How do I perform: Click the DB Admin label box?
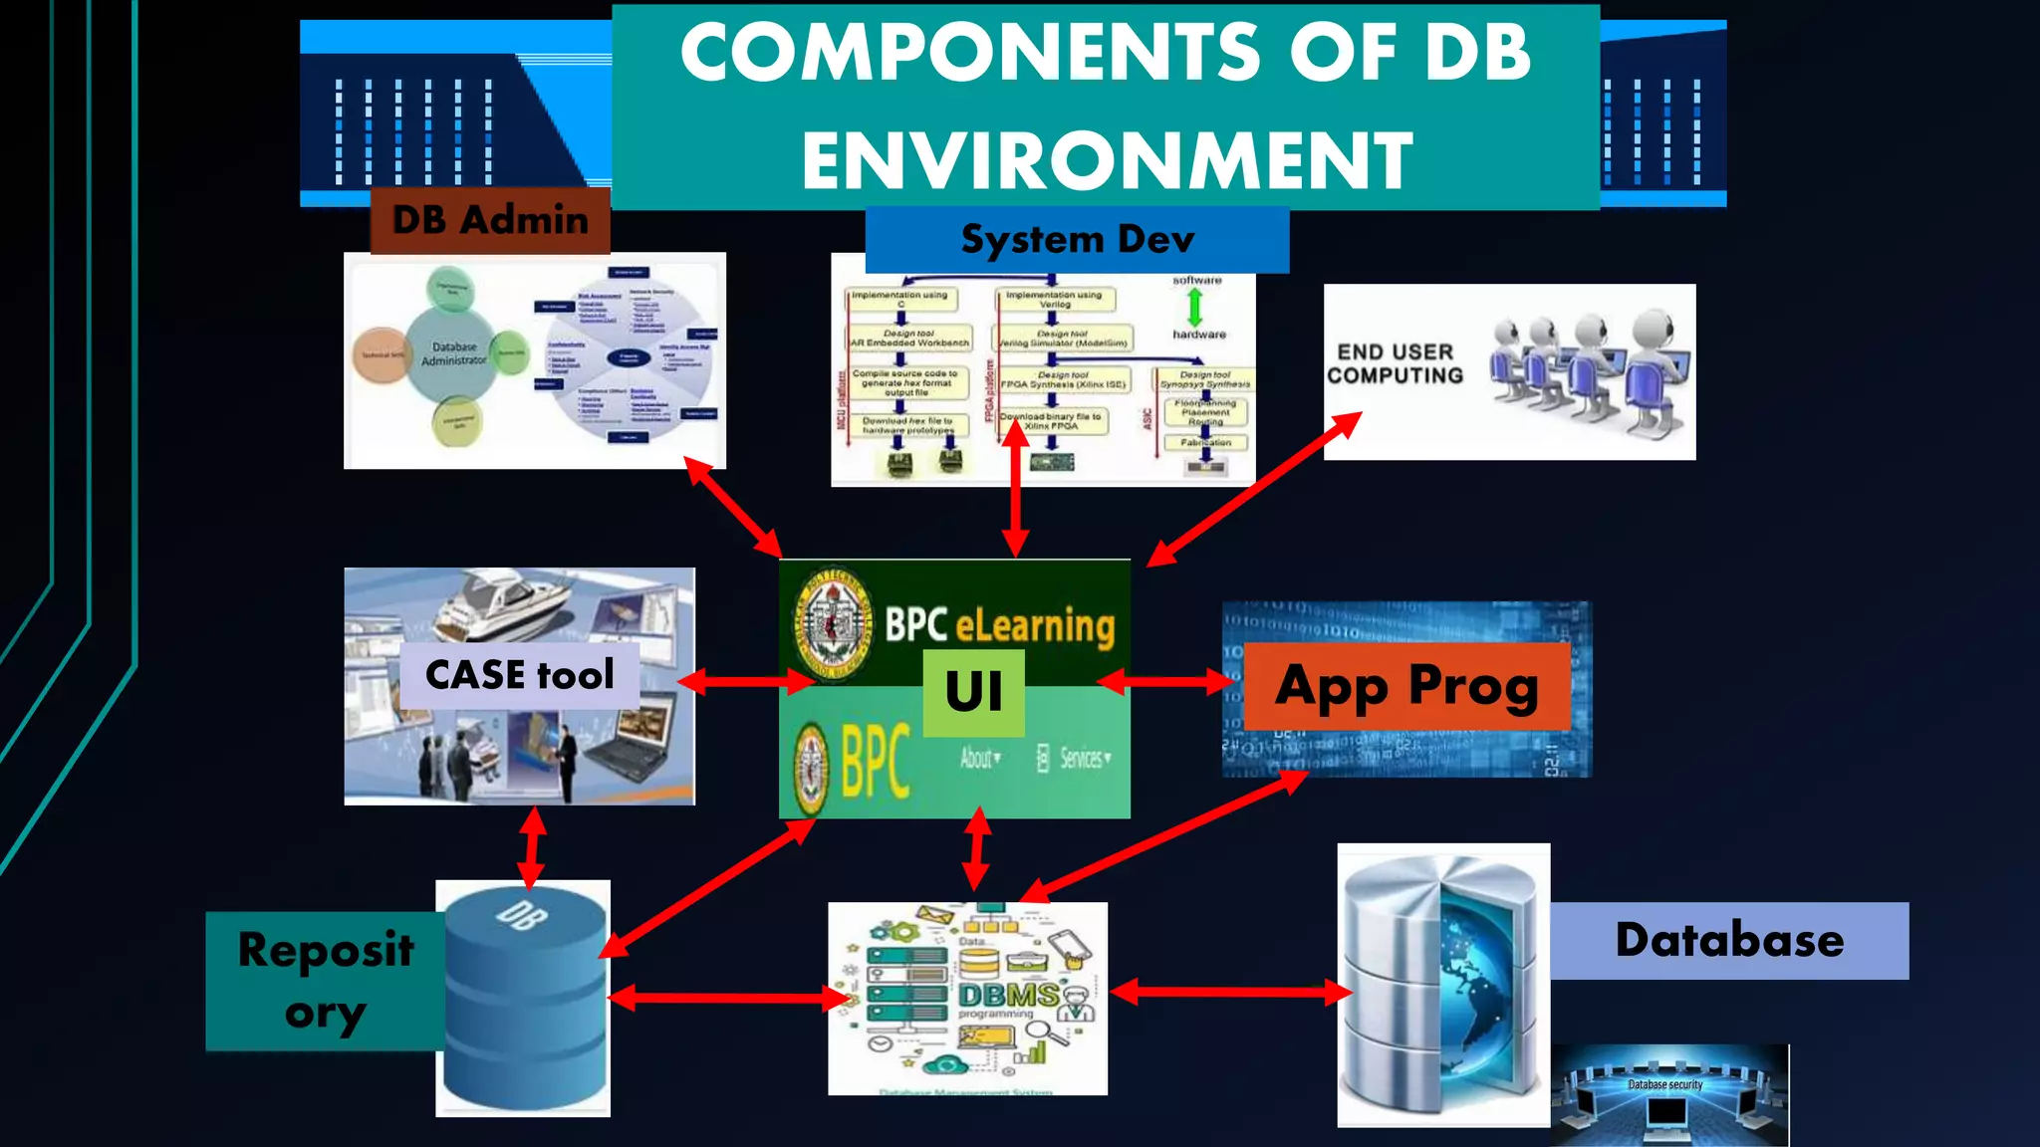point(490,220)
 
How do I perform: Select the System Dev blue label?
point(1077,240)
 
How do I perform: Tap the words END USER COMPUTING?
point(1395,363)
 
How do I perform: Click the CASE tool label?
point(519,675)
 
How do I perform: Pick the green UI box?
point(973,693)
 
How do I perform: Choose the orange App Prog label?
point(1406,686)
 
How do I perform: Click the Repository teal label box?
point(325,981)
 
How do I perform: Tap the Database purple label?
point(1729,940)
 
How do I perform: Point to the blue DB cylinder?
point(524,996)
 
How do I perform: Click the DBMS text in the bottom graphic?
point(1008,995)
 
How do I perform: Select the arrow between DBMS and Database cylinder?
point(1231,992)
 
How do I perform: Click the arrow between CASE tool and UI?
point(745,681)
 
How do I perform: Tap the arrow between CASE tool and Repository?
point(532,847)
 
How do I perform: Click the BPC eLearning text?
point(999,625)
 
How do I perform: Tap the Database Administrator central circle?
point(453,353)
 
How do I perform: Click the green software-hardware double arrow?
point(1195,308)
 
